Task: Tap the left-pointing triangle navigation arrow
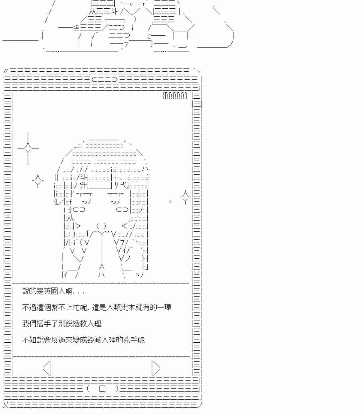(x=48, y=368)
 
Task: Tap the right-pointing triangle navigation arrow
(x=155, y=368)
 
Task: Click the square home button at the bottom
(x=102, y=389)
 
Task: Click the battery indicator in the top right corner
(x=174, y=96)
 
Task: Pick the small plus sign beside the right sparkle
(x=170, y=202)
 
